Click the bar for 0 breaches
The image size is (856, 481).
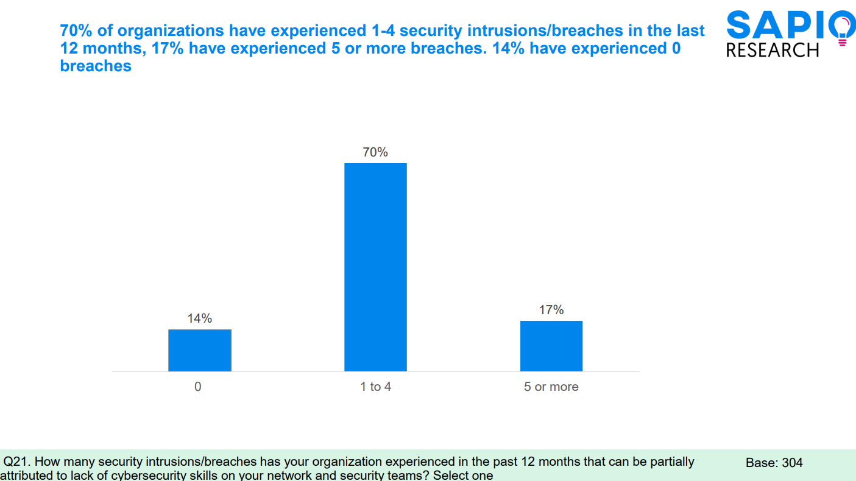[x=200, y=350]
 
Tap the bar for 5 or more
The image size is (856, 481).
[x=551, y=346]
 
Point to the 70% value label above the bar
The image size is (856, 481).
[x=375, y=152]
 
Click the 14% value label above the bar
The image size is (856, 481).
[x=200, y=318]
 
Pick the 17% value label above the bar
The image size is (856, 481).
[x=551, y=310]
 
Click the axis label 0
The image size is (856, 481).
[x=198, y=387]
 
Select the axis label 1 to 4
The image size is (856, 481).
[x=375, y=387]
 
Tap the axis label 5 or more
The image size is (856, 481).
[x=551, y=387]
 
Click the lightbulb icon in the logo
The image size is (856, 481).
[x=842, y=30]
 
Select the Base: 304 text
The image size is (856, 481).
[x=774, y=463]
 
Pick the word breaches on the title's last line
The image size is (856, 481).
[x=96, y=66]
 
